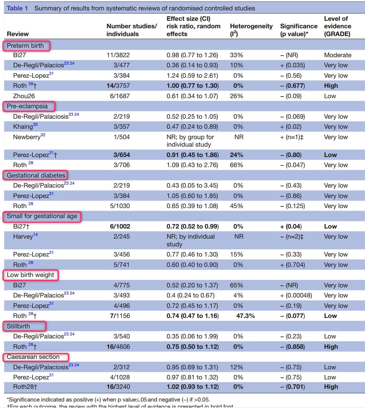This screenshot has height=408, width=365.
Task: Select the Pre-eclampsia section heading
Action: point(27,106)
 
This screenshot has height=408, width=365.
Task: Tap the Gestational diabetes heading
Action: point(36,176)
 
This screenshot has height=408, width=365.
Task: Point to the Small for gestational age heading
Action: point(42,216)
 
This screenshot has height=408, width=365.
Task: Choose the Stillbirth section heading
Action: point(18,326)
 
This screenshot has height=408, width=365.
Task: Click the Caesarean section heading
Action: point(33,357)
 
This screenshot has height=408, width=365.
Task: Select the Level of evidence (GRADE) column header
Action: point(337,26)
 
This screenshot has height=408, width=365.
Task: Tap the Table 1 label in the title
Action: point(17,8)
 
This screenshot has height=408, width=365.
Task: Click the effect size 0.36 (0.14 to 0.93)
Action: point(192,65)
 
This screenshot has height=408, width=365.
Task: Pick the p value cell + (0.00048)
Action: point(296,296)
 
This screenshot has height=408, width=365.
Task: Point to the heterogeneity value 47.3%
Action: point(245,316)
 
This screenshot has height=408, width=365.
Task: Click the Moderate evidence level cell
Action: point(337,55)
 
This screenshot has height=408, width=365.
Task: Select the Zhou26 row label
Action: point(24,96)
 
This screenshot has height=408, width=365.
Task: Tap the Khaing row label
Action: point(23,127)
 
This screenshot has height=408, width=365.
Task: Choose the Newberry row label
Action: point(27,137)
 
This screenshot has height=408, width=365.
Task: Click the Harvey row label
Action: point(23,237)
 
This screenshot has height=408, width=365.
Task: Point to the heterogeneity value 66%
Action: point(237,165)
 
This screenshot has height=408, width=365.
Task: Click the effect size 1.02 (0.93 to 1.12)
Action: point(192,387)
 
